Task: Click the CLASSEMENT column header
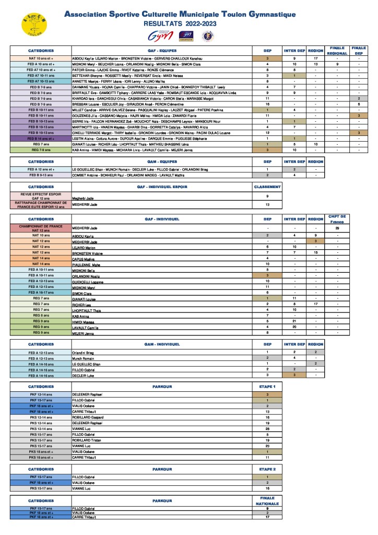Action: pos(267,187)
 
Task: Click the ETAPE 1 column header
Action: pos(267,387)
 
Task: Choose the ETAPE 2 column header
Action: pos(267,470)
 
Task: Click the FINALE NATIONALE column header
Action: pos(267,501)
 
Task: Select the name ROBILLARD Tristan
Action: pos(86,440)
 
